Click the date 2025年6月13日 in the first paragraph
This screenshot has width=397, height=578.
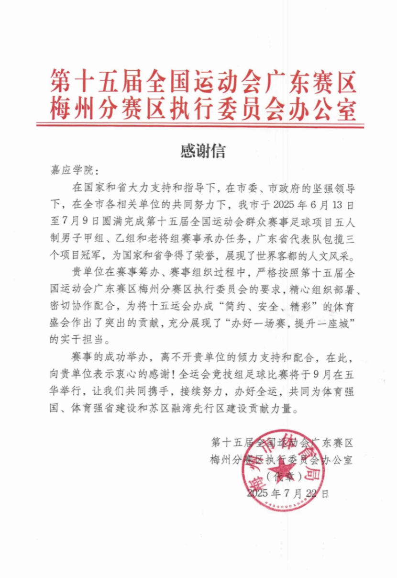click(318, 206)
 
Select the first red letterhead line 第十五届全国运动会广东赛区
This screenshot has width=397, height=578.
click(203, 82)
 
